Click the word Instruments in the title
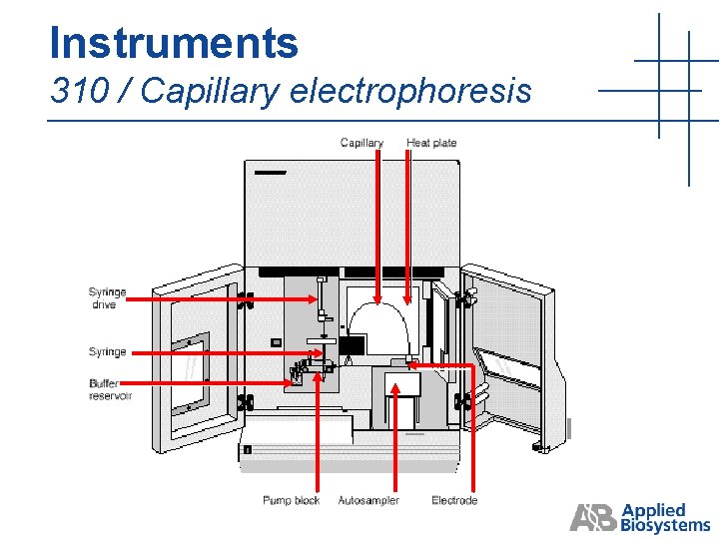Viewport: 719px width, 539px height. tap(173, 43)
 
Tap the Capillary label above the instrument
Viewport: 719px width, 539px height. tap(361, 143)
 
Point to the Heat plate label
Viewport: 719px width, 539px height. tap(431, 143)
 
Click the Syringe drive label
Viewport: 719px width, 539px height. tap(108, 298)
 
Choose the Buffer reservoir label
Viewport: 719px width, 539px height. tap(110, 389)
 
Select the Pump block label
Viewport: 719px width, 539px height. tap(291, 500)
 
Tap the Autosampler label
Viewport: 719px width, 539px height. tap(368, 500)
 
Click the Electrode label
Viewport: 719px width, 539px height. tap(454, 500)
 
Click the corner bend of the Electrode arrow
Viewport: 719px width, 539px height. tap(473, 365)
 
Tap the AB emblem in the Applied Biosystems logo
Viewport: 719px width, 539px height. tap(593, 518)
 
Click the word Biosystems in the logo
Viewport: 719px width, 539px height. tap(666, 525)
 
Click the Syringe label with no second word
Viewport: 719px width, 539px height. tap(108, 351)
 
